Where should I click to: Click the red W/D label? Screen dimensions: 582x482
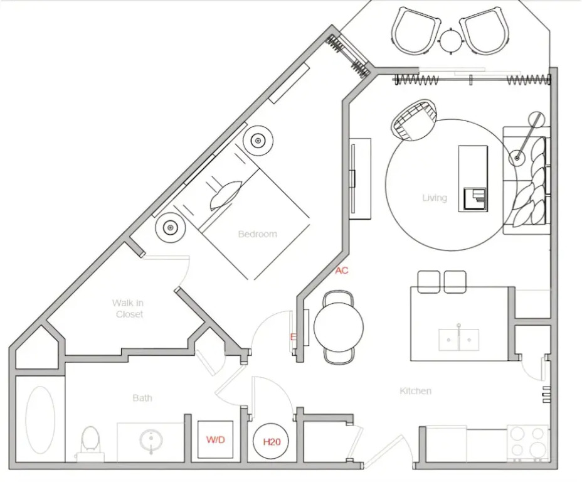[x=216, y=440]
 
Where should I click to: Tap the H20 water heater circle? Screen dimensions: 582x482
[x=272, y=442]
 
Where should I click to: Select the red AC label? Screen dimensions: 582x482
[x=342, y=270]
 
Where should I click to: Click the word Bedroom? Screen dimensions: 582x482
[x=258, y=234]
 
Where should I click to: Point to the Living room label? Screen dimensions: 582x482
[x=435, y=198]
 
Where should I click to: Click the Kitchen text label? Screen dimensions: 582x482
[x=415, y=390]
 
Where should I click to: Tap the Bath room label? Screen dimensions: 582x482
[x=142, y=398]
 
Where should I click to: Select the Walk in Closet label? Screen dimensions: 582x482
[x=128, y=309]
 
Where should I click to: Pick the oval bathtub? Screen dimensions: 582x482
[x=40, y=420]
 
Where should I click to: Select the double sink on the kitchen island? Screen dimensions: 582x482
[x=459, y=340]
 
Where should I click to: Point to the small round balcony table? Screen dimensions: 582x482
[x=450, y=41]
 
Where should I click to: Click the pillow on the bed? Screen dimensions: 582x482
[x=226, y=195]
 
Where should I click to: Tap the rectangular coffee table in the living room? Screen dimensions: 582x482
[x=473, y=179]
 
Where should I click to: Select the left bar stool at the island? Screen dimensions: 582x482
[x=429, y=281]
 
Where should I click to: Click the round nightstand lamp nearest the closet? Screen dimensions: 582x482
[x=170, y=227]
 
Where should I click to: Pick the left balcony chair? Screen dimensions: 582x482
[x=416, y=31]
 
